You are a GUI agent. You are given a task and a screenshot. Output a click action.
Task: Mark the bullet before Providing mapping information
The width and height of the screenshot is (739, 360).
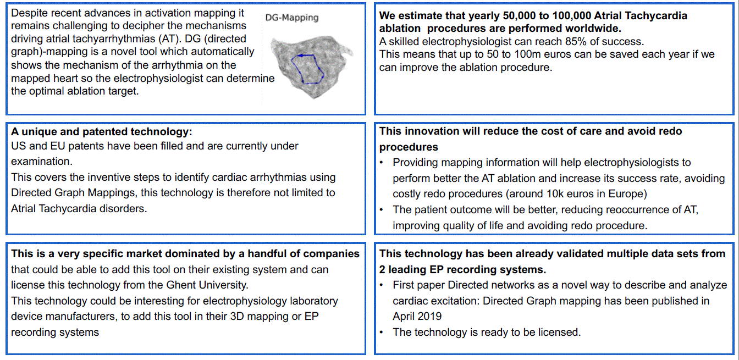point(382,163)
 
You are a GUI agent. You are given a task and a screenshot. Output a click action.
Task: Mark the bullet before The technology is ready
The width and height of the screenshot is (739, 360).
point(382,333)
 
